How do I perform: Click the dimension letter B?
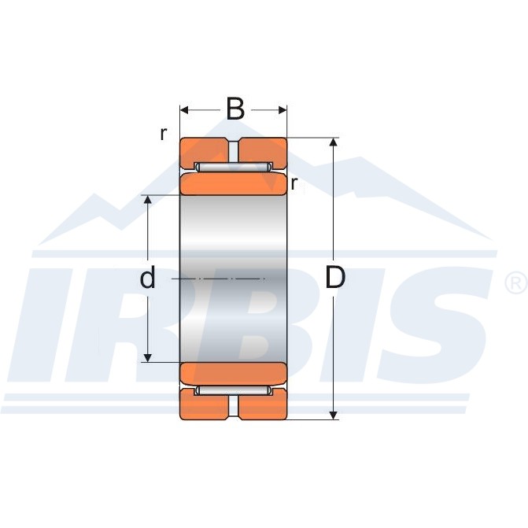[235, 109]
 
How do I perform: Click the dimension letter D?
[335, 278]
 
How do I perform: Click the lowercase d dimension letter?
[147, 277]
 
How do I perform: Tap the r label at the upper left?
[164, 134]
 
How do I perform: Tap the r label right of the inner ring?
[294, 183]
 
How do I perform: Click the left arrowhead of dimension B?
[184, 110]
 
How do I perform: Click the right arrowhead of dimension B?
[282, 110]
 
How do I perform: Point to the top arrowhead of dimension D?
[334, 142]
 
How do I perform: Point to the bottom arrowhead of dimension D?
[334, 415]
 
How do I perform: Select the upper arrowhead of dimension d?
[148, 199]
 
